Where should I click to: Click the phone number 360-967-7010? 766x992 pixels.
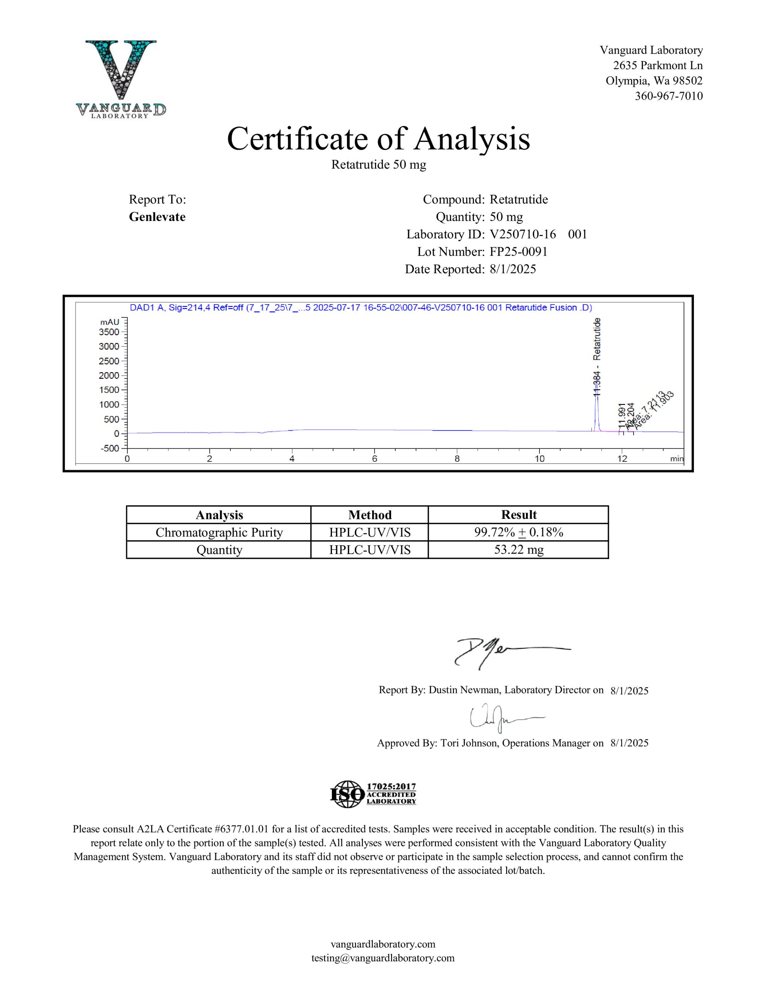click(668, 96)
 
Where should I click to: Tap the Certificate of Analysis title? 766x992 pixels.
click(378, 139)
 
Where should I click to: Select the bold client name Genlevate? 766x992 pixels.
click(157, 217)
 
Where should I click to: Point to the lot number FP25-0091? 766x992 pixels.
click(519, 251)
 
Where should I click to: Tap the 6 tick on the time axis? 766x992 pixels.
click(374, 459)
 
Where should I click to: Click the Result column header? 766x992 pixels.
click(518, 515)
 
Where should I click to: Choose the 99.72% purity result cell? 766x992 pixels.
click(518, 532)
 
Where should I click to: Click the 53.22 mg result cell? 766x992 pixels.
click(518, 550)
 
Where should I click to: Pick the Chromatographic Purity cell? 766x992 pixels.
click(219, 532)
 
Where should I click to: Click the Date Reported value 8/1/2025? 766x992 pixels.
click(513, 269)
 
